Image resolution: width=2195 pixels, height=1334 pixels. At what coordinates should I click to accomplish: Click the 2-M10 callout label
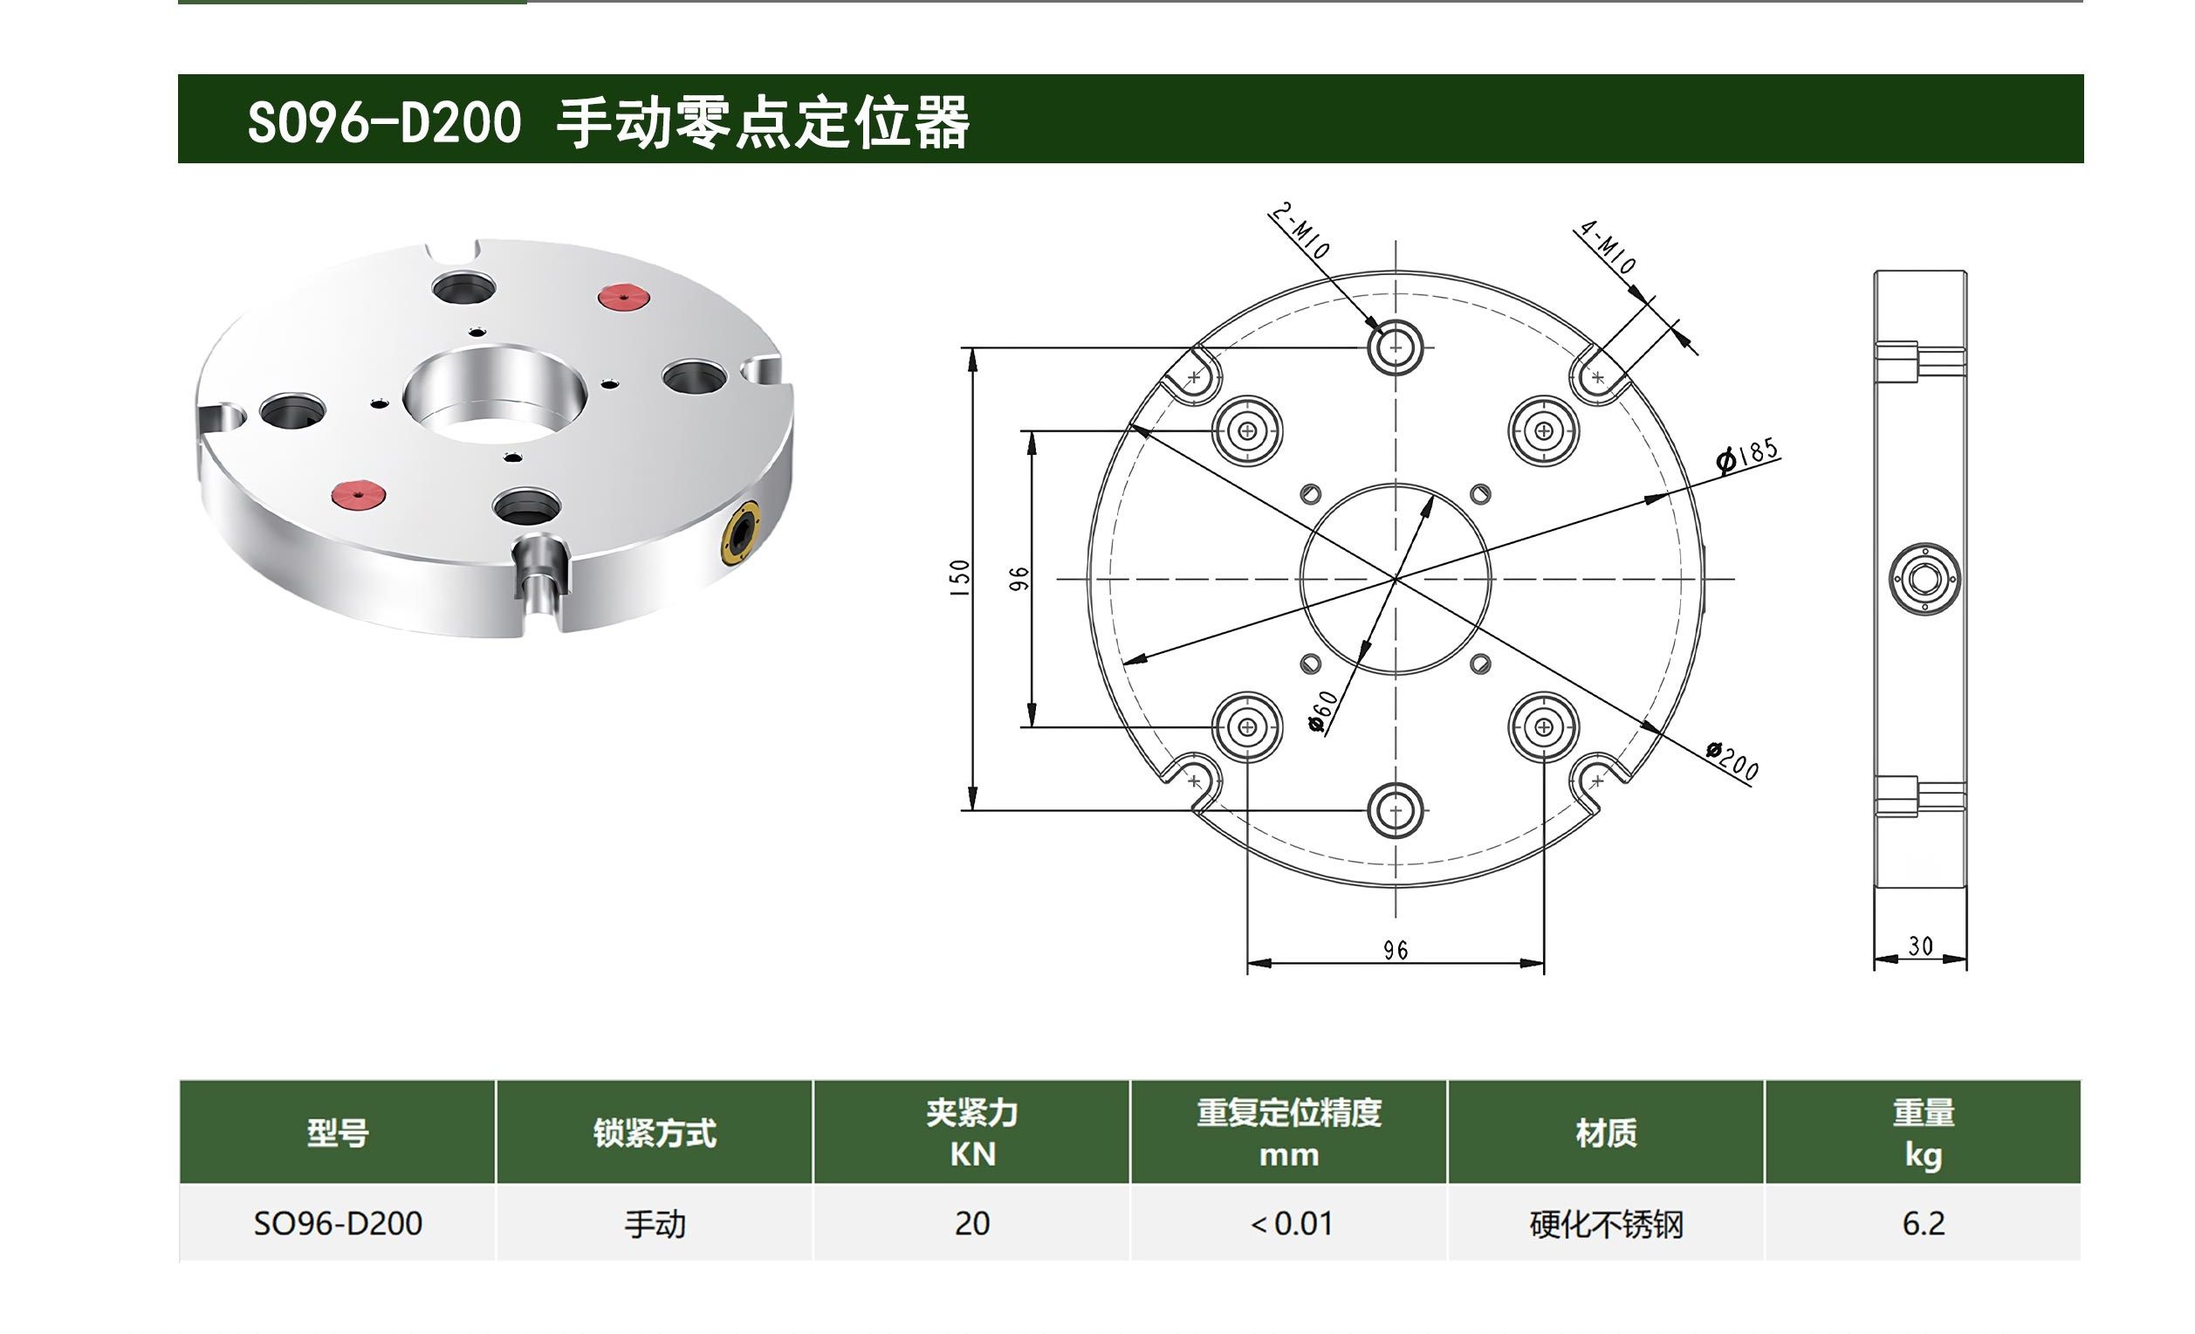pyautogui.click(x=1300, y=230)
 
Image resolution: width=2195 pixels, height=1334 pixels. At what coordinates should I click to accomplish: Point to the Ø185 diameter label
pyautogui.click(x=1748, y=455)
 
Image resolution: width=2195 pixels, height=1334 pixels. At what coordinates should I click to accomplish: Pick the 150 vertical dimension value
pyautogui.click(x=959, y=577)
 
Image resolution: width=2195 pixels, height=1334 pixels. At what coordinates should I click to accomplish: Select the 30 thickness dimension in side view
pyautogui.click(x=1921, y=945)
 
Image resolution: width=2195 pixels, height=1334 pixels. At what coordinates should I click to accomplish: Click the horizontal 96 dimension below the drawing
pyautogui.click(x=1396, y=950)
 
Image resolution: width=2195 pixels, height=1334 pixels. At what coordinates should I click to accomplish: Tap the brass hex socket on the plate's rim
pyautogui.click(x=741, y=533)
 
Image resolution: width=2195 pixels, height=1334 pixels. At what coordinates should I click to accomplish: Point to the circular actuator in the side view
pyautogui.click(x=1924, y=579)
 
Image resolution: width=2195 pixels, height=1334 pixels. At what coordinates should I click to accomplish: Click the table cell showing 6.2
pyautogui.click(x=1924, y=1223)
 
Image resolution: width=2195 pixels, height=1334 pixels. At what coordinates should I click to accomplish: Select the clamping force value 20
pyautogui.click(x=972, y=1223)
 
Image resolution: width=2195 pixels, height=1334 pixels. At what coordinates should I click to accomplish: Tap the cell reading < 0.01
pyautogui.click(x=1289, y=1223)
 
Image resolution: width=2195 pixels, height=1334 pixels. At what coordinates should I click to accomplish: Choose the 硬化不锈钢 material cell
pyautogui.click(x=1606, y=1223)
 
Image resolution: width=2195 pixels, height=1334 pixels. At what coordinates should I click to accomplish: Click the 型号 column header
pyautogui.click(x=338, y=1132)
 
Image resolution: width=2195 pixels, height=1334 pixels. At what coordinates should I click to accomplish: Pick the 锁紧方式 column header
pyautogui.click(x=655, y=1132)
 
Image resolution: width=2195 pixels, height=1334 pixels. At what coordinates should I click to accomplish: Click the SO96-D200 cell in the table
pyautogui.click(x=338, y=1223)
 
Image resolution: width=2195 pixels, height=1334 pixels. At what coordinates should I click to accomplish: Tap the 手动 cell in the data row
pyautogui.click(x=655, y=1223)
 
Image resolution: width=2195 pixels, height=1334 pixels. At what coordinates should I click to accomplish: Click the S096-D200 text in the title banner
pyautogui.click(x=384, y=122)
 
